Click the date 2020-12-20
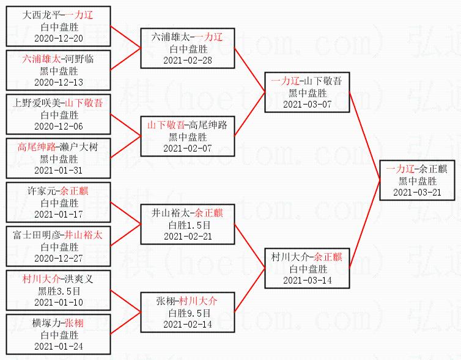(59, 38)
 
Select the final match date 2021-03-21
(418, 192)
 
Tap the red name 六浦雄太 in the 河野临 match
(42, 59)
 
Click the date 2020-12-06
(59, 126)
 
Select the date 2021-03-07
(308, 104)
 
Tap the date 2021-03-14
(308, 280)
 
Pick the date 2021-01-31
(59, 170)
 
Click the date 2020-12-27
(59, 258)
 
